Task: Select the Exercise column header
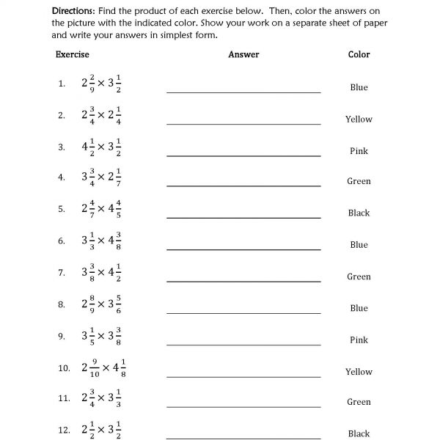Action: tap(72, 54)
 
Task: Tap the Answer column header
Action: tap(243, 54)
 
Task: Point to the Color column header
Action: tap(359, 54)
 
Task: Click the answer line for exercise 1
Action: tap(243, 92)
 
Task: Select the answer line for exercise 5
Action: tap(243, 218)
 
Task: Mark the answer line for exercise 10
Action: tap(243, 376)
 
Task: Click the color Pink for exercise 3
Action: tap(359, 151)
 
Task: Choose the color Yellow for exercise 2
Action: tap(359, 119)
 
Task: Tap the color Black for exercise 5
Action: tap(359, 213)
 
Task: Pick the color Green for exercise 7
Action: tap(359, 276)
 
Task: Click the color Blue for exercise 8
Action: tap(359, 308)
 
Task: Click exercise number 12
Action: tap(63, 430)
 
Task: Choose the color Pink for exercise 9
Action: tap(359, 340)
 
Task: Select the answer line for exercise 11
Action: tap(243, 406)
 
